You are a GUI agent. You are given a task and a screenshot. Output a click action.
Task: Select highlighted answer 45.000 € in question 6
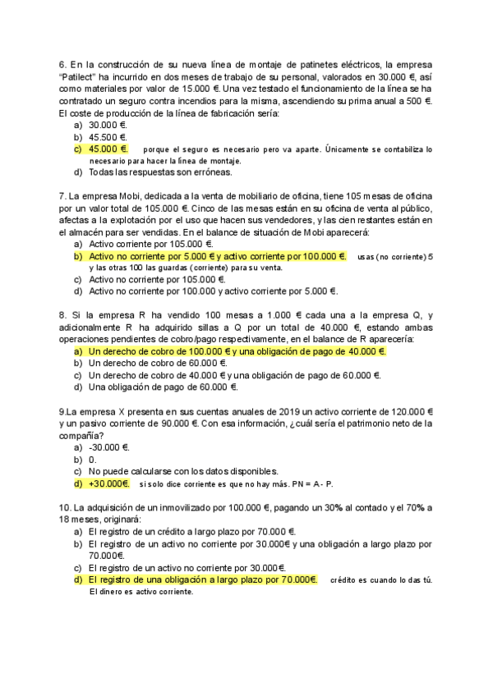pos(108,149)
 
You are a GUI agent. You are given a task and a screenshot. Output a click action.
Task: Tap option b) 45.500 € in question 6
pos(107,137)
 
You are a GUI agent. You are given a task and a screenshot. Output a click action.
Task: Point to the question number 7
pos(62,196)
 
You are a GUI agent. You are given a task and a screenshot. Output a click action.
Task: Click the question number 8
pos(62,315)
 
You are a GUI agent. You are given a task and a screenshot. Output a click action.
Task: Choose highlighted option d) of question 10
pos(202,579)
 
